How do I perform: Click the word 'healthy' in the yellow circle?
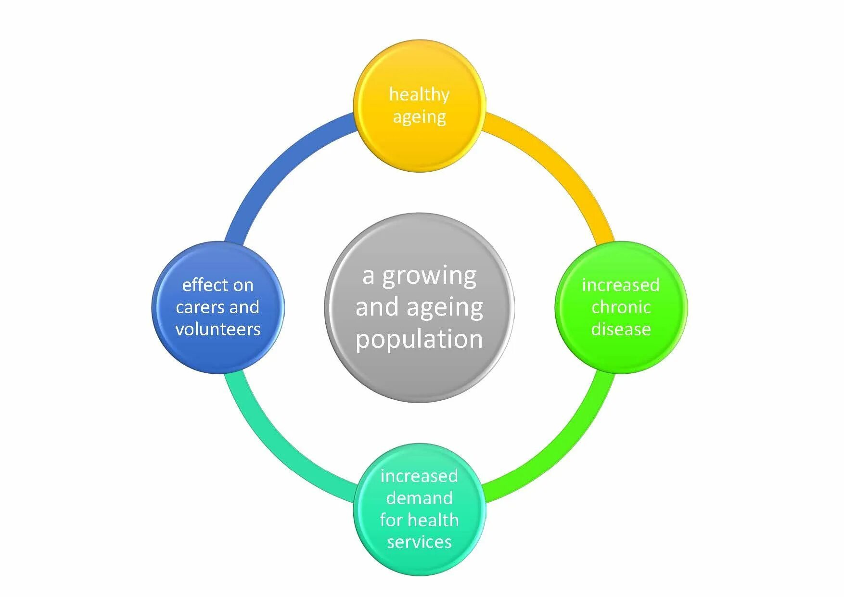[419, 94]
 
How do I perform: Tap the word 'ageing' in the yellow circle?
[419, 117]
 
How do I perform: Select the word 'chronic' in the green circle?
[621, 307]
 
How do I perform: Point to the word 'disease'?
[621, 329]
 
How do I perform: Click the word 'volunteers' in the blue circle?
[218, 329]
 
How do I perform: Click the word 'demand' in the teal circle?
[419, 498]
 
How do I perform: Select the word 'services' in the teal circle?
[419, 542]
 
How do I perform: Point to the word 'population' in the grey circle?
[419, 339]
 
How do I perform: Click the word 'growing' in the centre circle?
[429, 277]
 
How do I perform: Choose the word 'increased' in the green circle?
[621, 285]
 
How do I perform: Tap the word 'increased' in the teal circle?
[419, 476]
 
